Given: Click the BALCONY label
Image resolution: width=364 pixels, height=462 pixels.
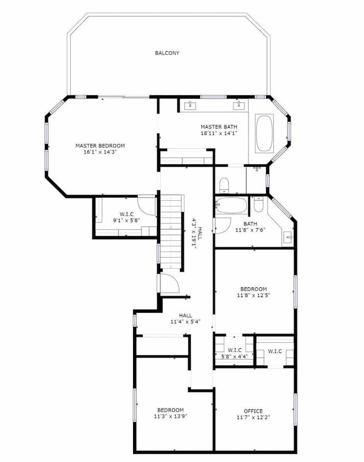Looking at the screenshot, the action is coord(167,53).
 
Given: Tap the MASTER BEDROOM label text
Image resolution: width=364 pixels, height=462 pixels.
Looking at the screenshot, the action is coord(100,146).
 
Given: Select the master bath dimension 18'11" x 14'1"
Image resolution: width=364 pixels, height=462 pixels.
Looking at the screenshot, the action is coord(219,133).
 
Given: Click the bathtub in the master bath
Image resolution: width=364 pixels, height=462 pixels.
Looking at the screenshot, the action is coord(264,134).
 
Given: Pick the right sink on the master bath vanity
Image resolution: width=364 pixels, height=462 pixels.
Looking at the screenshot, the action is coord(238,105).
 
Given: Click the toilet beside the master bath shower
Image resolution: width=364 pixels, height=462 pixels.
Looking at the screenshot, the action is coord(224,185).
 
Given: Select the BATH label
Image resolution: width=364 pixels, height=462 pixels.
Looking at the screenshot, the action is coord(250,224).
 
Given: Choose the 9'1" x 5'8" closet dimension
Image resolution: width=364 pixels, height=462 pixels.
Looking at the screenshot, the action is coord(127,220).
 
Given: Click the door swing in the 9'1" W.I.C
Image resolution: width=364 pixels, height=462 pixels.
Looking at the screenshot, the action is coord(146,205).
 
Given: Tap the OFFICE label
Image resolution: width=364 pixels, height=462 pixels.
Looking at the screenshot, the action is coord(253,411).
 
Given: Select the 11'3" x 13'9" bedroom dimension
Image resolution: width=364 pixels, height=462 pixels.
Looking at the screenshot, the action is coord(170,416).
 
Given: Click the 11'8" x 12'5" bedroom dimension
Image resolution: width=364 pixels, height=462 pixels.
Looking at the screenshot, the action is coord(254,295).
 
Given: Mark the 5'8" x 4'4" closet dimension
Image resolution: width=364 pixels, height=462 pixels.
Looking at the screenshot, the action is coord(235,356).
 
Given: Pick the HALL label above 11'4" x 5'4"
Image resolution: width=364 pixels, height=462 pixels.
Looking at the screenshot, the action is coord(186,316).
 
